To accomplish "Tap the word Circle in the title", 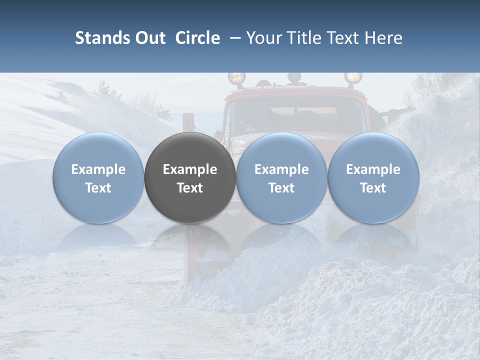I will click(x=197, y=38).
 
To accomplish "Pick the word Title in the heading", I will click(x=304, y=38).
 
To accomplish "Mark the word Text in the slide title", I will click(x=345, y=38).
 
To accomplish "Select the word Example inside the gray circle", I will click(x=190, y=169).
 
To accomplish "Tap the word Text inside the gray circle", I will click(x=190, y=188).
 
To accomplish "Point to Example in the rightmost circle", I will click(x=373, y=169).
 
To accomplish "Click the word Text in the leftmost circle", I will click(x=98, y=188).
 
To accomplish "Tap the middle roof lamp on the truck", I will click(x=294, y=78).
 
